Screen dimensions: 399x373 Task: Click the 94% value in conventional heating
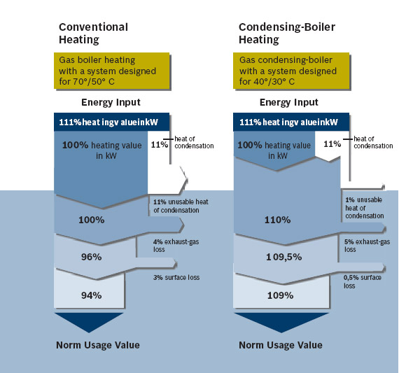pos(92,295)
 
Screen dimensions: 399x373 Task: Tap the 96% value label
pos(92,257)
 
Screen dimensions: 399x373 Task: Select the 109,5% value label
pos(284,257)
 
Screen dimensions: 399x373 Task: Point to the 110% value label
pos(277,220)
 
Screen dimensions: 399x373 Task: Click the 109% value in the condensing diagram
pos(280,295)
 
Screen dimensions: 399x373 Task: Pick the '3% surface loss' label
pos(176,277)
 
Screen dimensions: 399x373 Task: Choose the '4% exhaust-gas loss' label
pos(176,245)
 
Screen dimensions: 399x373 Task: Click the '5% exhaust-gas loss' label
pos(367,245)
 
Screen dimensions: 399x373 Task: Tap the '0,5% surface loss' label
pos(363,281)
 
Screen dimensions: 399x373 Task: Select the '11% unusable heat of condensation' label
pos(181,206)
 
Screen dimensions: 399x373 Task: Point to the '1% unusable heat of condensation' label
pos(365,208)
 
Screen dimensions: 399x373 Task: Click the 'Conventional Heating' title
pos(93,34)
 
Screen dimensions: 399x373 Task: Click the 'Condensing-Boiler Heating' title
pos(287,34)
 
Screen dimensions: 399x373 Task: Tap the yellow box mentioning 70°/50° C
pos(112,71)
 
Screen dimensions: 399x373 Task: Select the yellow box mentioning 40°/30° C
pos(291,71)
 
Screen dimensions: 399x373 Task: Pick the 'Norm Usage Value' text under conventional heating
pos(98,345)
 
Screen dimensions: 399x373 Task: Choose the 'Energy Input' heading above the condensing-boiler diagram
pos(289,102)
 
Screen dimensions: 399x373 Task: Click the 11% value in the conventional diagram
pos(160,145)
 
